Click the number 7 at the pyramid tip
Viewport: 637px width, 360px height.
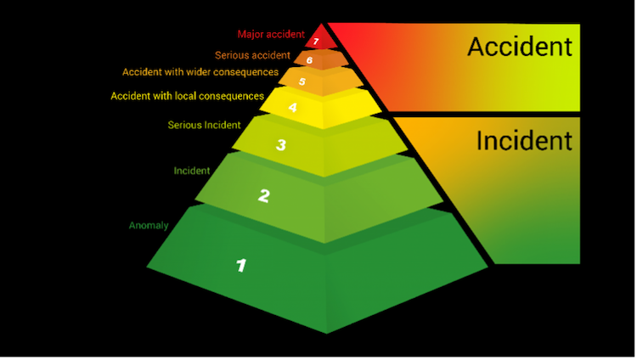[x=316, y=42]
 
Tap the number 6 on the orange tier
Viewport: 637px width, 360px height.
[x=310, y=60]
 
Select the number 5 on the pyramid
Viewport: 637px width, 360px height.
[x=302, y=82]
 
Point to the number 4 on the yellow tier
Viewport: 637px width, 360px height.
[x=292, y=108]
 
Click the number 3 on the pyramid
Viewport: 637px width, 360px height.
[x=280, y=145]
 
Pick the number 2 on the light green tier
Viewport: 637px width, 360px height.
[x=264, y=196]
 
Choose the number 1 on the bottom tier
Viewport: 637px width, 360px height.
[x=240, y=265]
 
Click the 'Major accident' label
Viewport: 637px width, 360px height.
[x=271, y=35]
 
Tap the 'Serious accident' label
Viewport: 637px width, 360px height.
[x=252, y=55]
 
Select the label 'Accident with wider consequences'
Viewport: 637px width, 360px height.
[x=200, y=72]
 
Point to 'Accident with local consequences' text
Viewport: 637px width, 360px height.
[x=187, y=96]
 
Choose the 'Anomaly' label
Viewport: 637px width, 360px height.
[x=149, y=226]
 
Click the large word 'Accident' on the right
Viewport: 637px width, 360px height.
[x=519, y=47]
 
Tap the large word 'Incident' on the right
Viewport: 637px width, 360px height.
[x=523, y=140]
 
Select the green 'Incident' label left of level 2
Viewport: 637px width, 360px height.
[x=192, y=171]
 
